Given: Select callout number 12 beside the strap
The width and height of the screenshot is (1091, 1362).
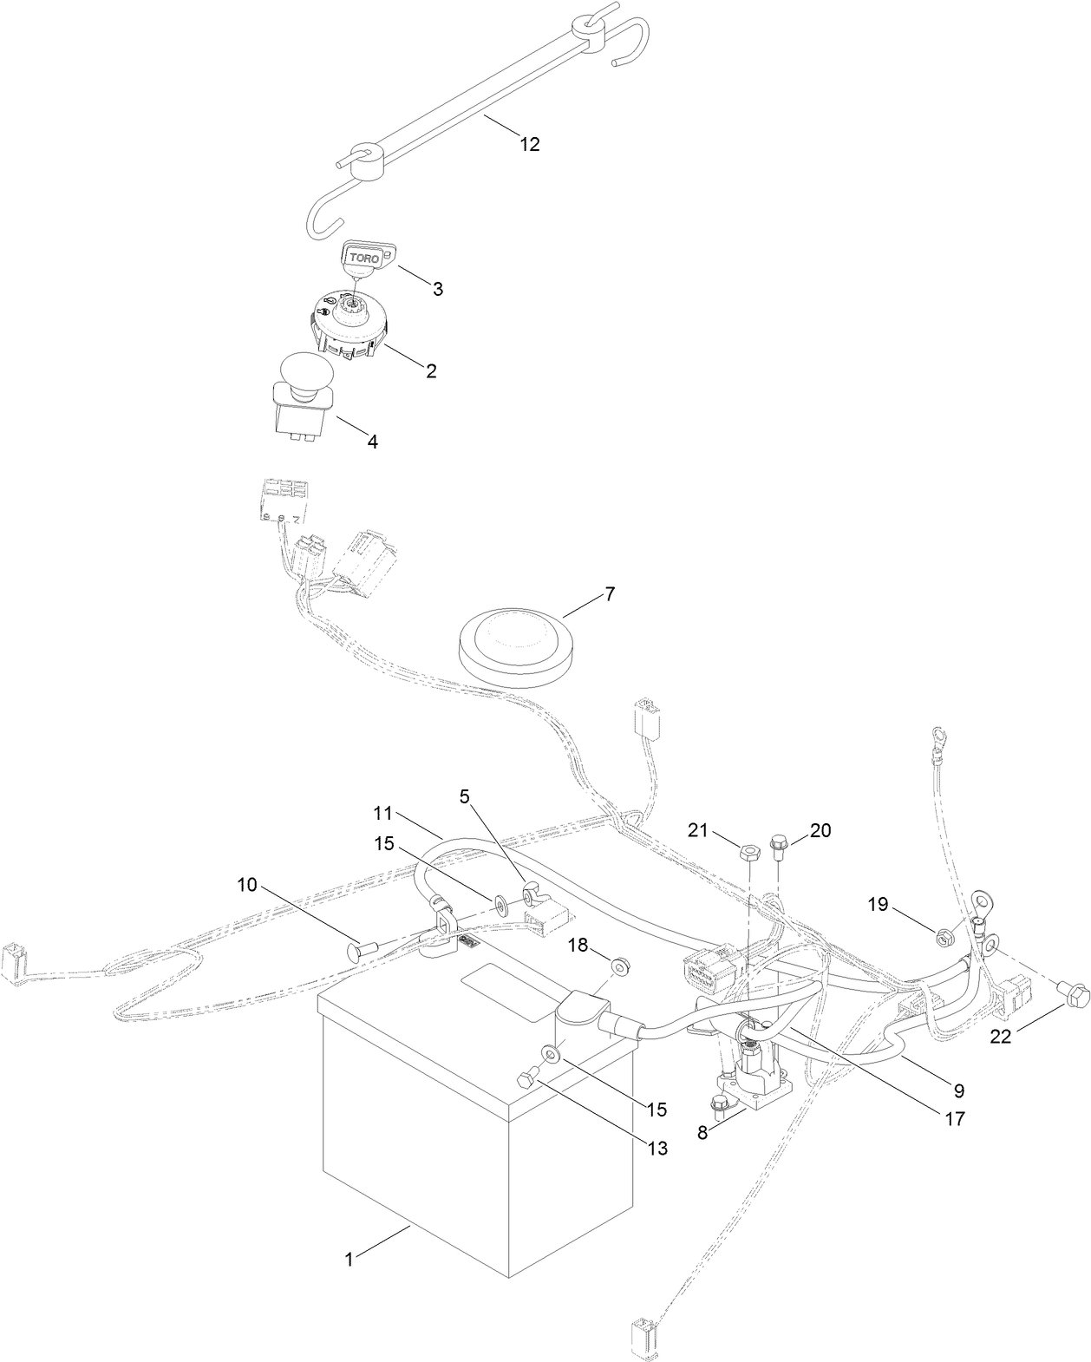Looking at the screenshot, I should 529,145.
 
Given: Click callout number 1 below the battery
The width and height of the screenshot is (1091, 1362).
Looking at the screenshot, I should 349,1260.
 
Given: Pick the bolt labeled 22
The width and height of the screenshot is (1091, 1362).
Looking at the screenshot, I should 1075,995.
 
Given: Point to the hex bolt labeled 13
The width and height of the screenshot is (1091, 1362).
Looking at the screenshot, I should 525,1080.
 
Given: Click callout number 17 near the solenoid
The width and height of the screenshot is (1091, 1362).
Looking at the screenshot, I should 954,1119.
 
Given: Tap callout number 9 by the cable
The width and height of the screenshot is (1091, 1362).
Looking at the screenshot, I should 958,1090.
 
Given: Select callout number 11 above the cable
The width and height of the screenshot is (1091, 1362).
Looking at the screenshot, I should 383,814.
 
